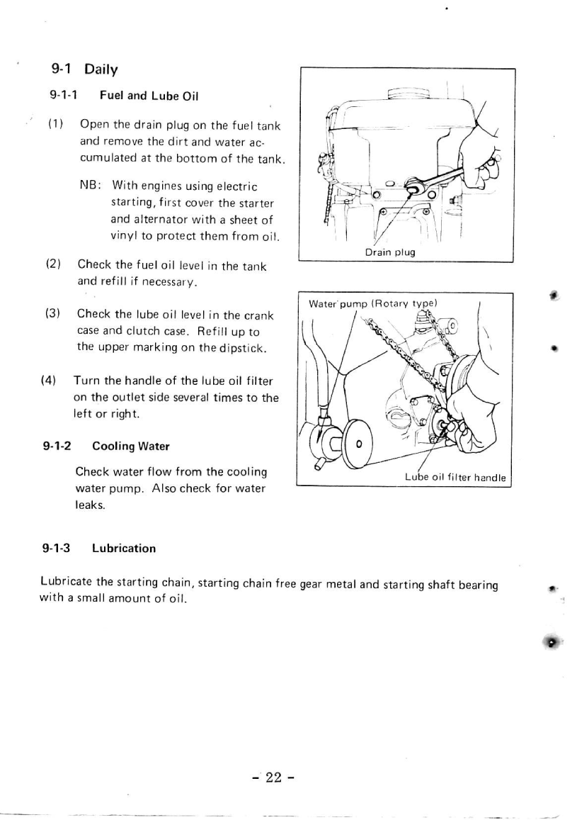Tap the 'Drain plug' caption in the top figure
389,252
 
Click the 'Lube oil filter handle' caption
455,477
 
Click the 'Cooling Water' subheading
131,446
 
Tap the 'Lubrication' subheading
124,548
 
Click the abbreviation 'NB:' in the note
89,186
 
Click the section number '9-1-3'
57,548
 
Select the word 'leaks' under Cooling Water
89,506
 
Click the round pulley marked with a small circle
358,444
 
